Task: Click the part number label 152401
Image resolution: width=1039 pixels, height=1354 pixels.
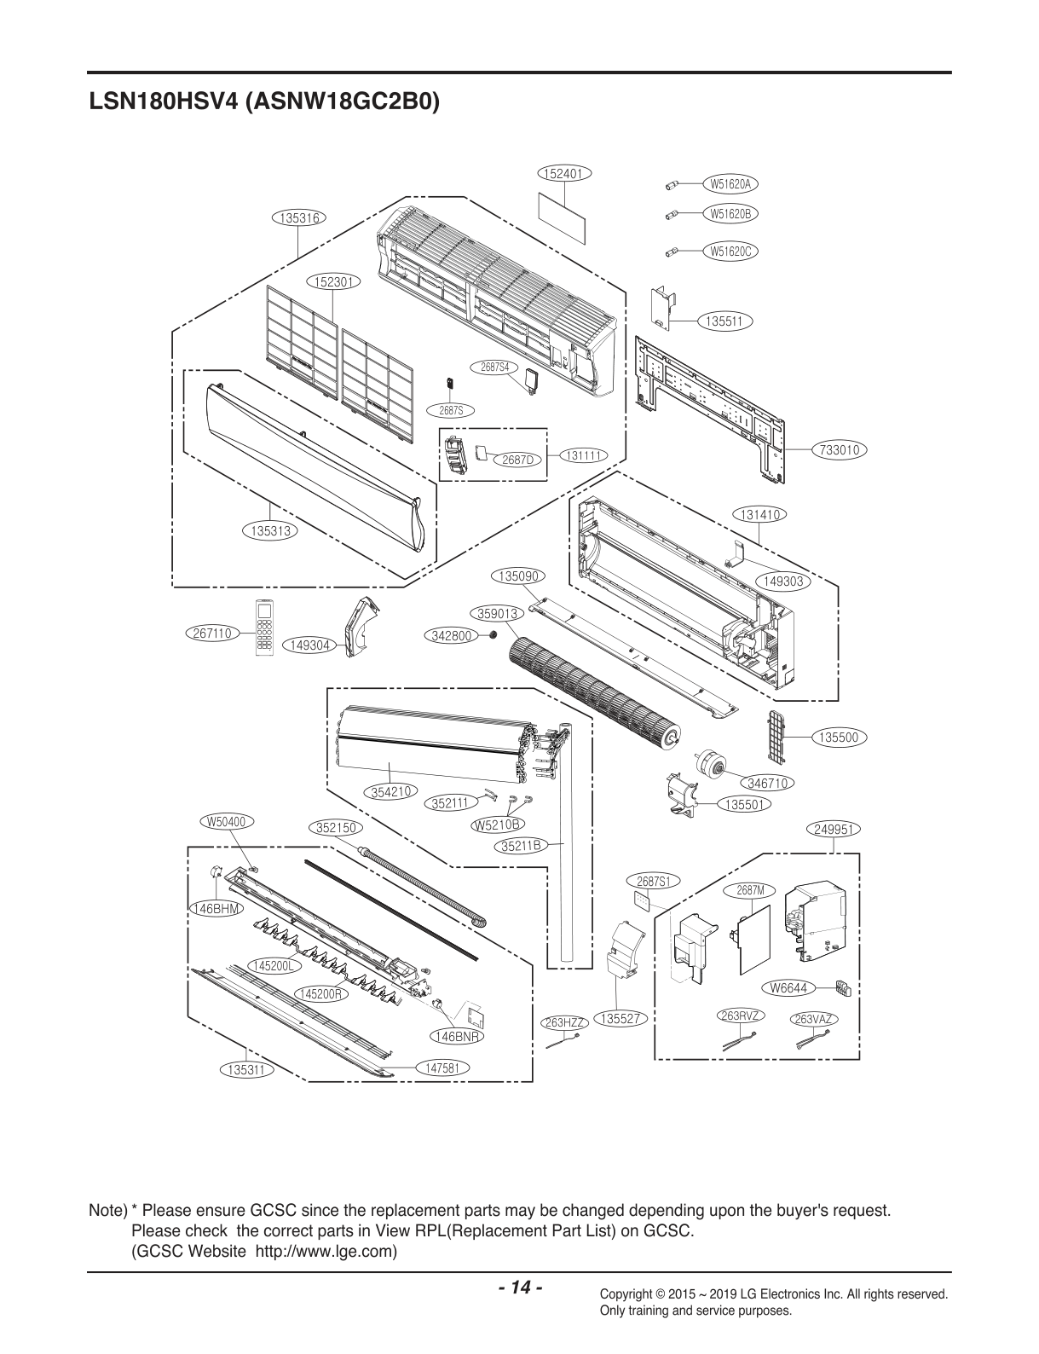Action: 564,173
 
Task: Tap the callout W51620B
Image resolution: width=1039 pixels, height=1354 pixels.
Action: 730,213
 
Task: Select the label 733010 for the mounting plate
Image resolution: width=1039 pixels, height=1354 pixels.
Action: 840,449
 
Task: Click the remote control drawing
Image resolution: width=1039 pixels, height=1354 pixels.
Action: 264,628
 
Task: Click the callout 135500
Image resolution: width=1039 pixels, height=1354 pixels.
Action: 839,738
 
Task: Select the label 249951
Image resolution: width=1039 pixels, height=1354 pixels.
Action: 834,829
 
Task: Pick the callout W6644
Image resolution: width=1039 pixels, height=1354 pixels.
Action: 789,987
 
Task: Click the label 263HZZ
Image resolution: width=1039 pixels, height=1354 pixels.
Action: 563,1022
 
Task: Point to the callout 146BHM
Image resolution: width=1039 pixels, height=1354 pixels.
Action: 215,908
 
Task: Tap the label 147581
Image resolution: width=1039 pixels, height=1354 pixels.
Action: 442,1067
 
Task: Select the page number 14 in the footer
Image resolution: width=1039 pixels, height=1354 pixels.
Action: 520,1287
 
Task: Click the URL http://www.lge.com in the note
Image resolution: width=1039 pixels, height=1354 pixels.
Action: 326,1252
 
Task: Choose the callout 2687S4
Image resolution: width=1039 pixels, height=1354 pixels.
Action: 494,367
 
